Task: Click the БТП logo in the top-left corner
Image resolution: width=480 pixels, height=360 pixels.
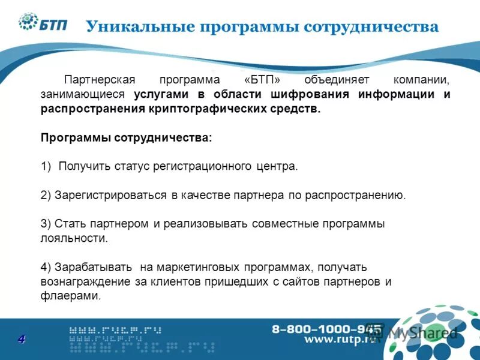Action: [x=43, y=23]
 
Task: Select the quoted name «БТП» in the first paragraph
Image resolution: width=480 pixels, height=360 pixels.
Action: [x=263, y=80]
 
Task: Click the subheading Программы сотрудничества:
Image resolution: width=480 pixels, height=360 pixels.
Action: [x=127, y=137]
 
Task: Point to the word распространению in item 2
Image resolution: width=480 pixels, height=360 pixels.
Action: [x=356, y=195]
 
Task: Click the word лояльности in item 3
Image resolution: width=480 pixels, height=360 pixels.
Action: [x=74, y=238]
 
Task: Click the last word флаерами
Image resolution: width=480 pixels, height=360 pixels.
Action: [x=71, y=296]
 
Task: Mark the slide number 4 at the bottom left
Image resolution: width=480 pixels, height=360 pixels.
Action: [x=21, y=340]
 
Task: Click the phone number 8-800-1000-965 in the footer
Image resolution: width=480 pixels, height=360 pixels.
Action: [x=326, y=329]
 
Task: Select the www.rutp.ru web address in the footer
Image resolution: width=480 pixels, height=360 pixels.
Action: [x=338, y=340]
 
